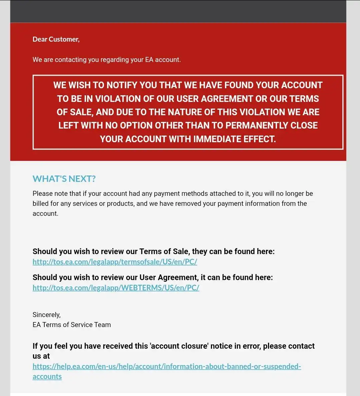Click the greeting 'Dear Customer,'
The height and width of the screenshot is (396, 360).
(x=56, y=39)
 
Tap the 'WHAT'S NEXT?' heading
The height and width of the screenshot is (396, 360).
(x=64, y=179)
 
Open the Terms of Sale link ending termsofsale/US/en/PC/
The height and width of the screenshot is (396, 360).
(x=115, y=262)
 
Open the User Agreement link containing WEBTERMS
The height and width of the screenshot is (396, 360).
(x=116, y=288)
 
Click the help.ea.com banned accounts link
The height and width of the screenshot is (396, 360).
(x=167, y=367)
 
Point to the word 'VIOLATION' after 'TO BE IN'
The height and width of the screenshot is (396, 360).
(x=119, y=99)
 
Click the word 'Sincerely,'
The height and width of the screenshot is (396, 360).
(x=47, y=315)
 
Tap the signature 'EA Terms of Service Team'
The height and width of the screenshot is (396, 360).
(x=72, y=325)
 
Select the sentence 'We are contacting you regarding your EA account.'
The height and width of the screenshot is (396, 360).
(x=107, y=60)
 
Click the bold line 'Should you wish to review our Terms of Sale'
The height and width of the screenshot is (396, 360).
(x=153, y=251)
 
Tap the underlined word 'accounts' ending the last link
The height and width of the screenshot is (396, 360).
(x=47, y=377)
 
